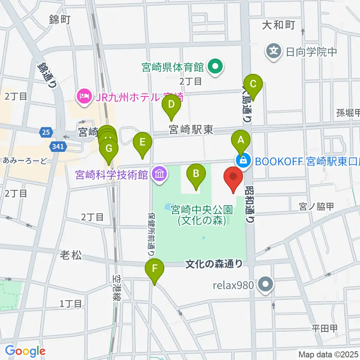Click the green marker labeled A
click(241, 140)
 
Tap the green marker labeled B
click(196, 174)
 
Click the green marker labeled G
click(109, 149)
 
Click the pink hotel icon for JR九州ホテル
click(83, 96)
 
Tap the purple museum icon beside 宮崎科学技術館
click(160, 174)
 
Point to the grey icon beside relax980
click(266, 285)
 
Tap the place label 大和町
click(278, 25)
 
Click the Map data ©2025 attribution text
click(328, 354)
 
